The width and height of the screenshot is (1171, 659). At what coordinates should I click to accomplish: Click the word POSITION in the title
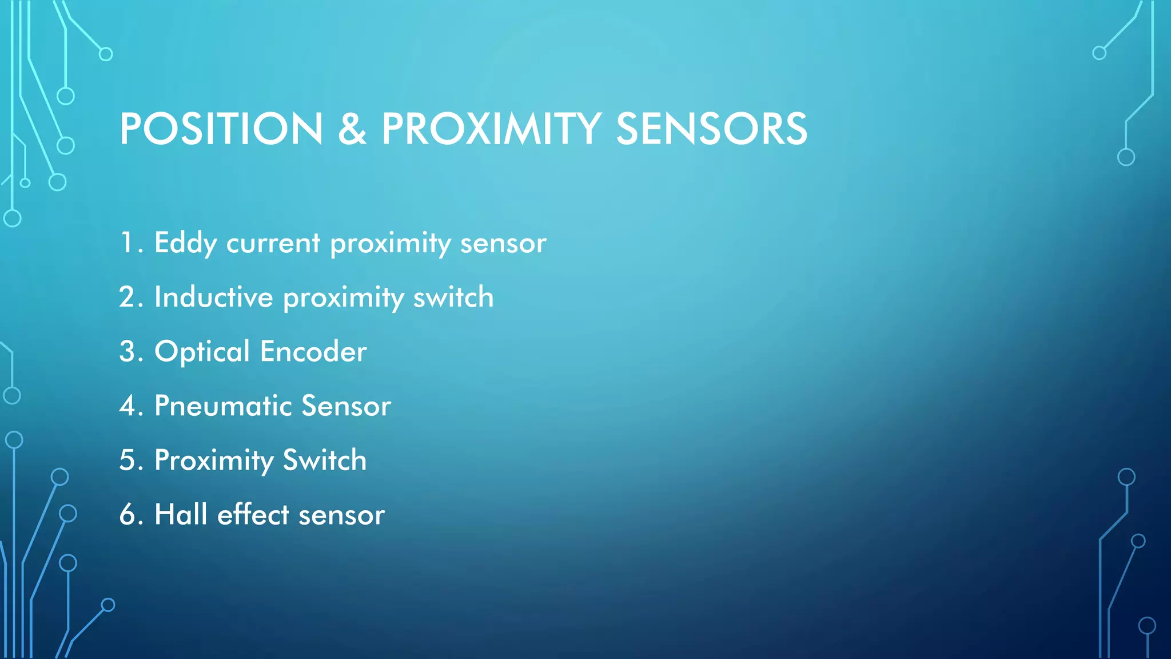pos(221,129)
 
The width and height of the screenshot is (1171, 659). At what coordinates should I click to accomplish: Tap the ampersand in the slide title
pos(352,129)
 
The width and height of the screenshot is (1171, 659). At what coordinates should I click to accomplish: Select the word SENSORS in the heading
pos(711,129)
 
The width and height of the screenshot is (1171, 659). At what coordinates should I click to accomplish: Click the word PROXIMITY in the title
pos(491,129)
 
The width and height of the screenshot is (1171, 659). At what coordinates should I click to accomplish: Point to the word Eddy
pos(185,243)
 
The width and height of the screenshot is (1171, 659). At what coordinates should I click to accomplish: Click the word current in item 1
pos(273,243)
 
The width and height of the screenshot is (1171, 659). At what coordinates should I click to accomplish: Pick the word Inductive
pos(213,297)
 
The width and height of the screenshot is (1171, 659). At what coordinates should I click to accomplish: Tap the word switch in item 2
pos(453,297)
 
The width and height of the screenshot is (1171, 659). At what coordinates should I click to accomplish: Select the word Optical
pos(202,352)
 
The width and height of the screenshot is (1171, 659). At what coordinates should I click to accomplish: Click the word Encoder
pos(313,352)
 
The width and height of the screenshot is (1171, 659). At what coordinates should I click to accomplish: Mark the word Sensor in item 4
pos(346,406)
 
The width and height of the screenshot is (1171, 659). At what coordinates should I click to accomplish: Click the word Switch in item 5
pos(324,460)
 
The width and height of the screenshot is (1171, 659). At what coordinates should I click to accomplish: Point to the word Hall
pos(181,514)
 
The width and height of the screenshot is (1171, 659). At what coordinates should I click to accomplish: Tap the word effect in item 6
pos(253,514)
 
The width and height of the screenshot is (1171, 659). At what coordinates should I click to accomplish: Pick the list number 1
pos(127,243)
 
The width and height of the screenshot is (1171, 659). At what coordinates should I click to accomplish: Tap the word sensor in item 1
pos(503,243)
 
